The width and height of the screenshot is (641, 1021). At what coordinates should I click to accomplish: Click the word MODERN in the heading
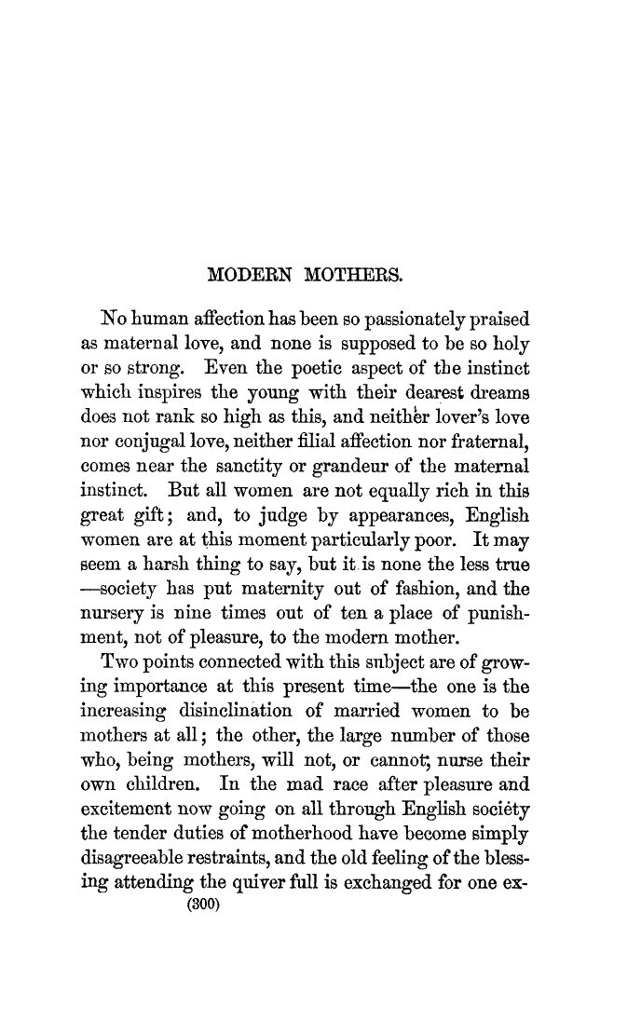(x=243, y=275)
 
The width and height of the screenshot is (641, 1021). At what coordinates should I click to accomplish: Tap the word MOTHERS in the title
(x=349, y=275)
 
